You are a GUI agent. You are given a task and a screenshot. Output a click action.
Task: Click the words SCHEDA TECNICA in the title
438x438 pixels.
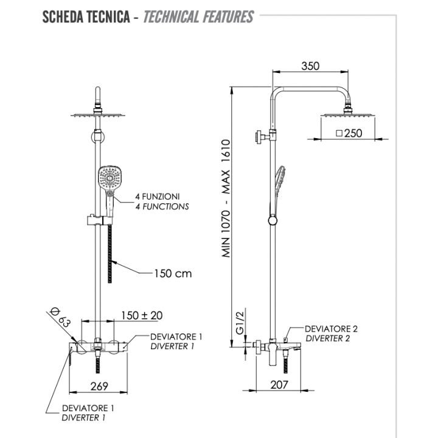[85, 16]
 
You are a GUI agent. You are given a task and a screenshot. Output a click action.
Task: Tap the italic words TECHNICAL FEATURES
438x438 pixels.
[198, 16]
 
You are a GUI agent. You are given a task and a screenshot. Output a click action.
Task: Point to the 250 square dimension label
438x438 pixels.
[349, 133]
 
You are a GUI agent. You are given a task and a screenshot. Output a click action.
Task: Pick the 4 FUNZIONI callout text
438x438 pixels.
[158, 196]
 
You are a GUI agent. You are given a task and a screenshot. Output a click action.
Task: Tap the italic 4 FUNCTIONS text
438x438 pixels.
[162, 207]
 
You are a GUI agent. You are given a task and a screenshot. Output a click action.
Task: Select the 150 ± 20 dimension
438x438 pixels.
[141, 315]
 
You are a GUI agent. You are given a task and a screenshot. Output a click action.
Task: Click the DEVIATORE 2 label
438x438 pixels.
[331, 328]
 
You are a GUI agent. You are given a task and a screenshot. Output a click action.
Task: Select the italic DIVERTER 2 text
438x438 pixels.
[327, 339]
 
